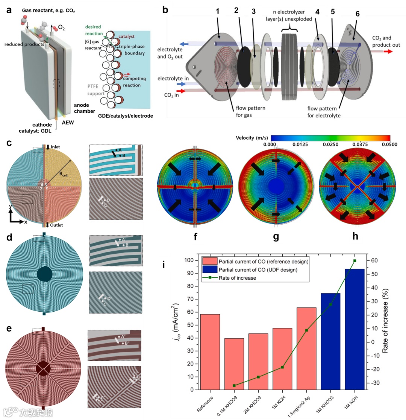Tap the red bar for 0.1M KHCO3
pyautogui.click(x=235, y=364)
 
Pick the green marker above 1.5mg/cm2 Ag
pyautogui.click(x=306, y=330)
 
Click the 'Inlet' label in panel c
pyautogui.click(x=56, y=147)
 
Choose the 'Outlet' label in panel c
pyautogui.click(x=56, y=225)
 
